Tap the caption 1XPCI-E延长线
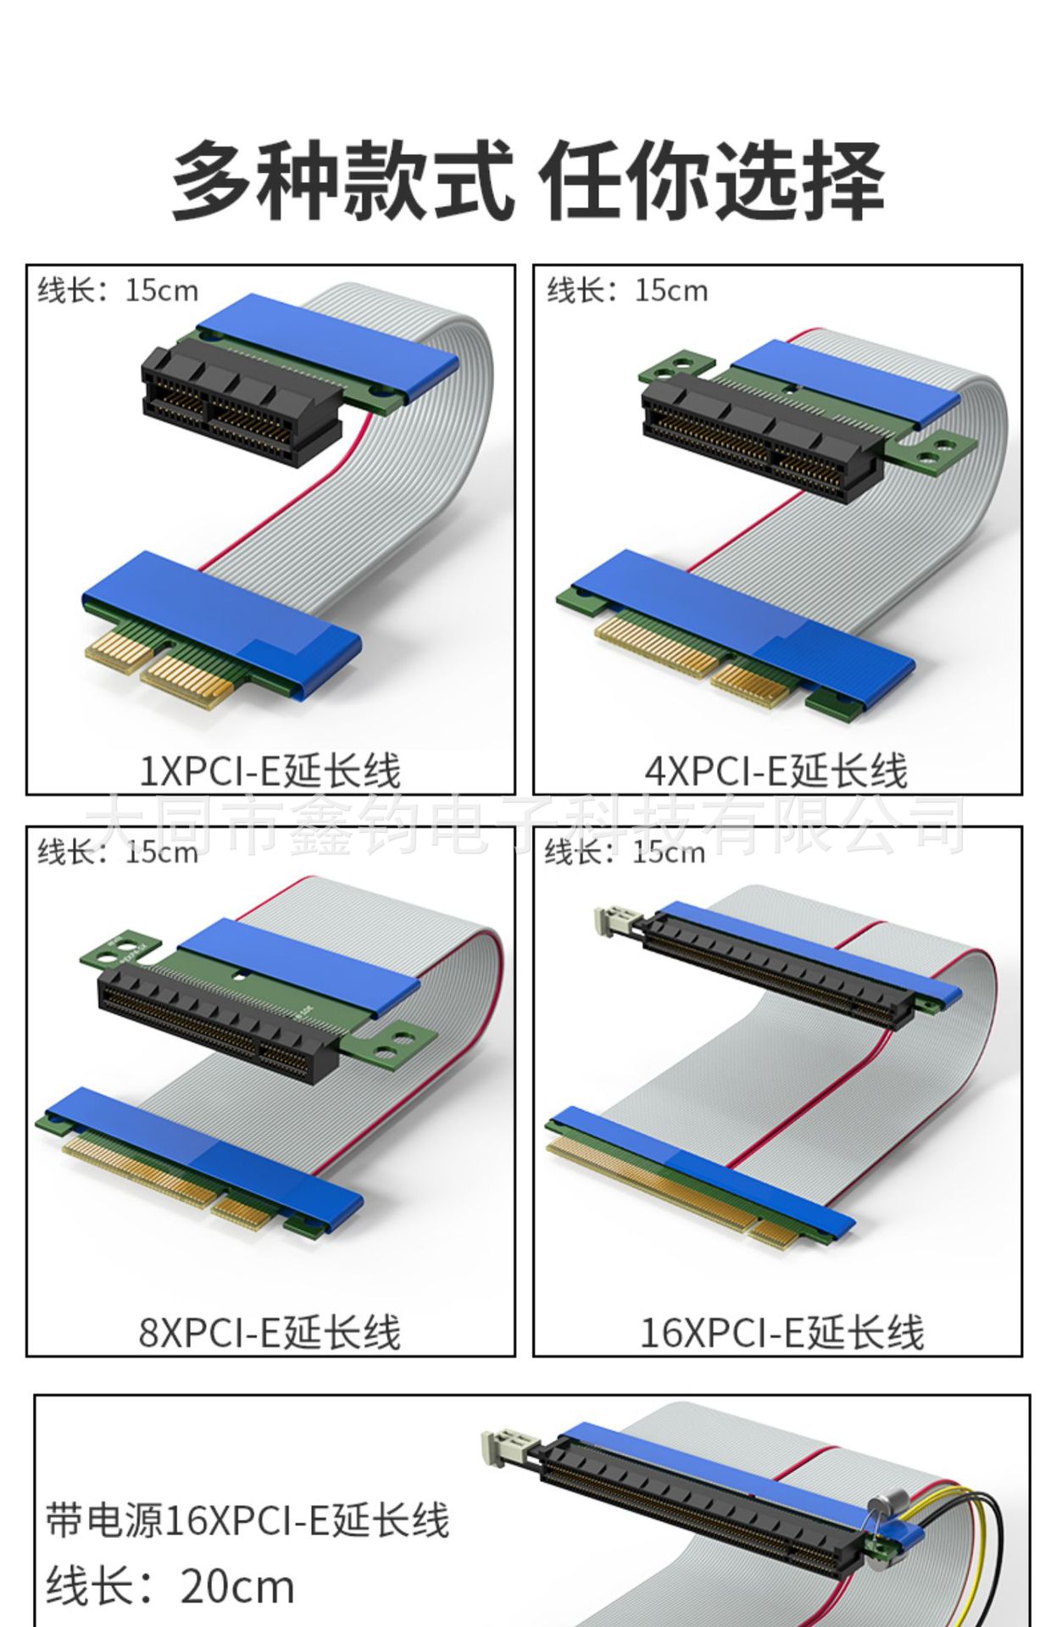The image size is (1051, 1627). (x=270, y=770)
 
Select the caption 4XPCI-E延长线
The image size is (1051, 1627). (x=776, y=770)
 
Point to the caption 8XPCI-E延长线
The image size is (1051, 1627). (x=270, y=1331)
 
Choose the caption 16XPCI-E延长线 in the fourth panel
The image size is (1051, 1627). (x=781, y=1331)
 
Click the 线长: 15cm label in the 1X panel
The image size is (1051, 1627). (x=118, y=291)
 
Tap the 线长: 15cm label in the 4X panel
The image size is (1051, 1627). (x=627, y=291)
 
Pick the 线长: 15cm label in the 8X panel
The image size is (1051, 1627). (x=118, y=852)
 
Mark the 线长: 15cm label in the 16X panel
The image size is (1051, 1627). (x=625, y=852)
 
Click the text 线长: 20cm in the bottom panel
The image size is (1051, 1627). (x=170, y=1586)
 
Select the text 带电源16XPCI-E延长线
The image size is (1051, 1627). (x=247, y=1519)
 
